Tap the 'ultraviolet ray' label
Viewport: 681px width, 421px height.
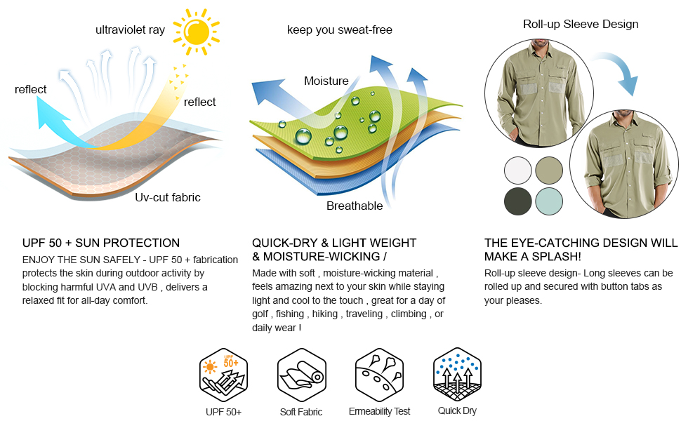click(130, 29)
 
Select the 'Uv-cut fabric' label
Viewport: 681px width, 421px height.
click(167, 197)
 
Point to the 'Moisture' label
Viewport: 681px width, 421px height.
click(326, 81)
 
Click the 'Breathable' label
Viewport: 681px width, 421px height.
click(355, 206)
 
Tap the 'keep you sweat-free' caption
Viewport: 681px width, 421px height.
click(339, 29)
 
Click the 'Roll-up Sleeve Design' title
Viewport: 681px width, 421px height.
click(581, 24)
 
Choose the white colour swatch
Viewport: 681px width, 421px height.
click(518, 171)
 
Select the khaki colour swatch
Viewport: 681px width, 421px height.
click(549, 171)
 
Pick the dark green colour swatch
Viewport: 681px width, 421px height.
click(518, 201)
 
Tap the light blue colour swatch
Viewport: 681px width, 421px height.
click(549, 201)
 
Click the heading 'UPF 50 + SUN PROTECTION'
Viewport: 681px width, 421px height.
click(101, 243)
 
